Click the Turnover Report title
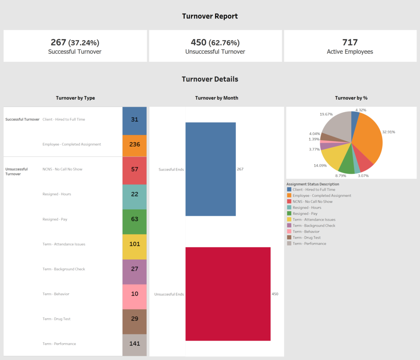coord(210,16)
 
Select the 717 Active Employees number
coord(350,42)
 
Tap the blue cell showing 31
coord(135,119)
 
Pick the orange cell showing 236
coord(135,144)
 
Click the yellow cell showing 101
coord(135,244)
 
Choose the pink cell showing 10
coord(135,294)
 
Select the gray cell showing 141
coord(135,344)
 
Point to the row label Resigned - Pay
coord(55,219)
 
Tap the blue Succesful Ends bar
coord(210,169)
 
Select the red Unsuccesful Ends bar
coord(228,294)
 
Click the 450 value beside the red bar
coord(275,294)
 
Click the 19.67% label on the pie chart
coord(326,114)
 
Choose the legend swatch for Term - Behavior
coord(289,232)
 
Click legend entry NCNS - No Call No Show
coord(312,202)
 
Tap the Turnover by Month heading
coord(216,98)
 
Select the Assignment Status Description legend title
coord(313,184)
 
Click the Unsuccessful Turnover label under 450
coord(215,52)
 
